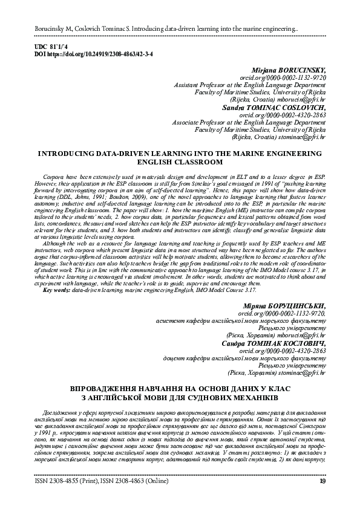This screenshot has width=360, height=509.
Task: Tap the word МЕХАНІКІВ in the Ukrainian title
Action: coord(254,398)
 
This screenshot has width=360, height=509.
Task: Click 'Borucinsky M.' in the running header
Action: coord(54,29)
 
